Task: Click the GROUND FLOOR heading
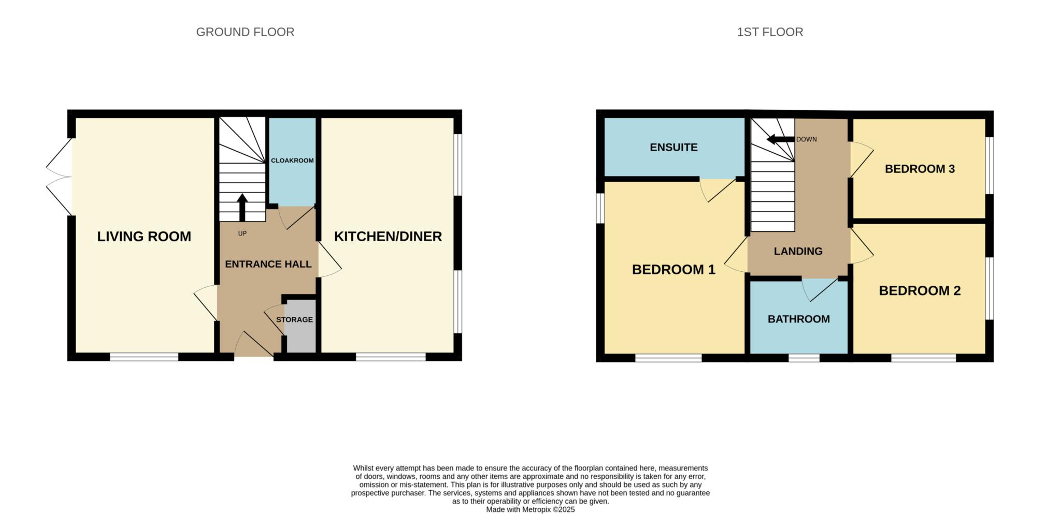[245, 32]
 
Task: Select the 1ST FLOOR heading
[770, 32]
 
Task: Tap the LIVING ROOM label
[144, 237]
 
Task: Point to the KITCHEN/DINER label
[388, 237]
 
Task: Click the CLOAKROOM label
[292, 160]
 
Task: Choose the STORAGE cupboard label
[294, 319]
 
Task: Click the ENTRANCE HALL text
[268, 264]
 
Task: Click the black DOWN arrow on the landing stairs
[781, 139]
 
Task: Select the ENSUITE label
[673, 148]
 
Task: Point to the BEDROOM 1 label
[673, 270]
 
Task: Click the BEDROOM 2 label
[920, 291]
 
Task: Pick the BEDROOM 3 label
[920, 169]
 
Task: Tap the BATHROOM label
[798, 319]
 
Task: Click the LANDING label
[798, 252]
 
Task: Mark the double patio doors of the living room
[59, 177]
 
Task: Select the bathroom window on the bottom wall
[804, 358]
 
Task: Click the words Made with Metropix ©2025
[530, 510]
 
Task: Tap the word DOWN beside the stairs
[807, 139]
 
